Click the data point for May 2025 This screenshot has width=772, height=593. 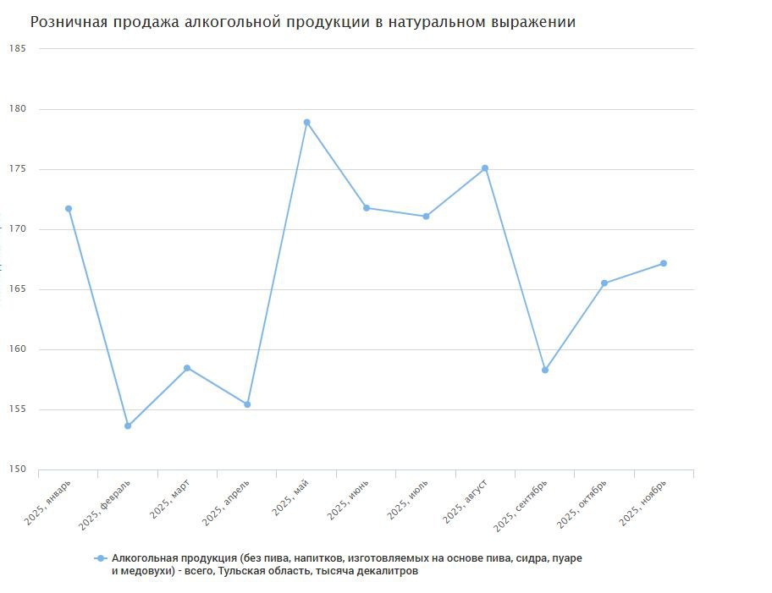click(306, 122)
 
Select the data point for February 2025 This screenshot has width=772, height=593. click(128, 426)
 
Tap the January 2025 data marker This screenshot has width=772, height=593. click(69, 208)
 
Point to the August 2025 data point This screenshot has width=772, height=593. click(485, 167)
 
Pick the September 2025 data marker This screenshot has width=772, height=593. click(545, 370)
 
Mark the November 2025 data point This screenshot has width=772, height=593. click(664, 263)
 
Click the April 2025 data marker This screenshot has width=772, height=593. click(247, 404)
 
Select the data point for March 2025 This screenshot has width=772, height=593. click(187, 368)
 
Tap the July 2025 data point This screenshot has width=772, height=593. click(426, 216)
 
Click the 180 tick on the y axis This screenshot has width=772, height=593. click(18, 109)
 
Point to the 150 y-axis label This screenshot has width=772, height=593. click(18, 469)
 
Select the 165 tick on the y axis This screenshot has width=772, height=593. click(18, 289)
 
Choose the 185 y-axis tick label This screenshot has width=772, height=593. click(18, 48)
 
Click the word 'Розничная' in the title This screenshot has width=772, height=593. click(69, 23)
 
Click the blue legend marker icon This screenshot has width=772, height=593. click(101, 558)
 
